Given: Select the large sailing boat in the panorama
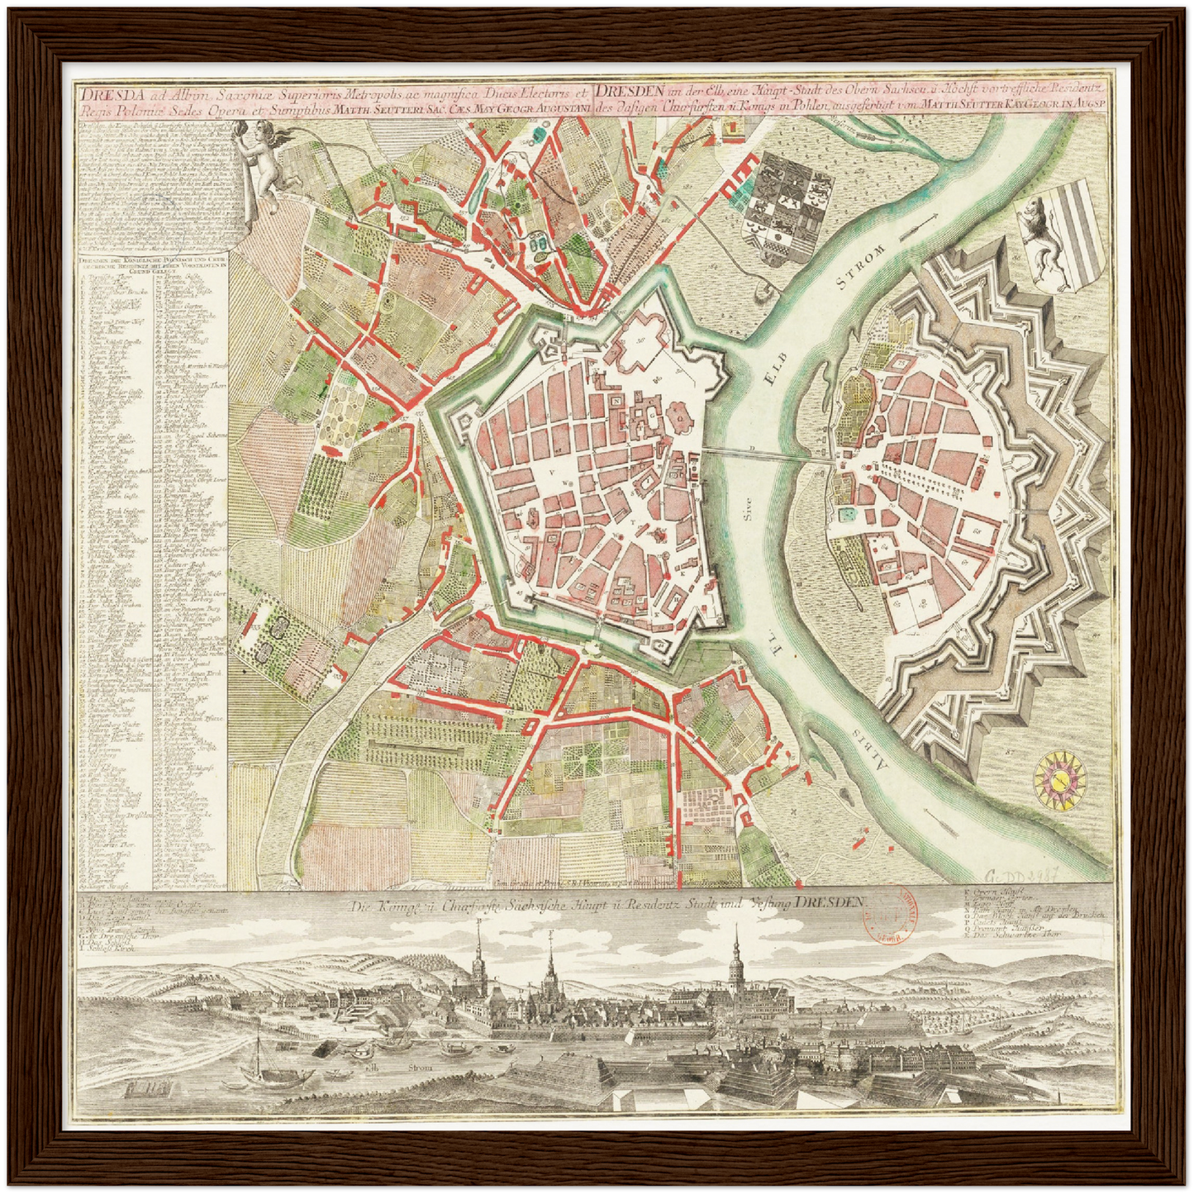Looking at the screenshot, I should tap(258, 1067).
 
